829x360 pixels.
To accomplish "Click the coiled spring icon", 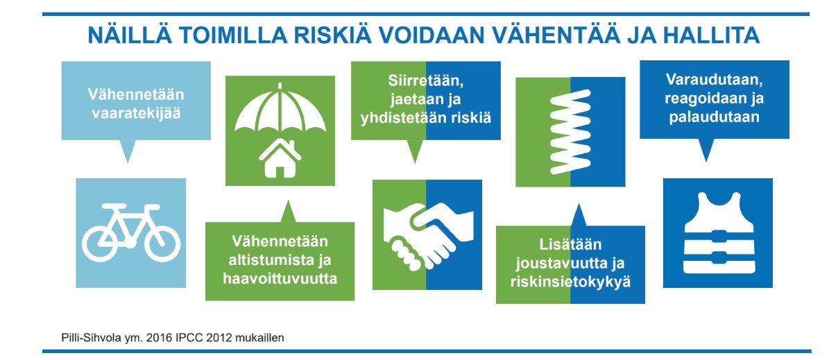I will [570, 132].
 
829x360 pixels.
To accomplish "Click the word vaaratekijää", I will [136, 113].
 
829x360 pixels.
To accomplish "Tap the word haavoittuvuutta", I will [280, 279].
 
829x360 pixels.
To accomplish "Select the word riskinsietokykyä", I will [571, 282].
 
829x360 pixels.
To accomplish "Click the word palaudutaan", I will [715, 117].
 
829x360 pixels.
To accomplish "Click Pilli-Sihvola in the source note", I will [89, 338].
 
